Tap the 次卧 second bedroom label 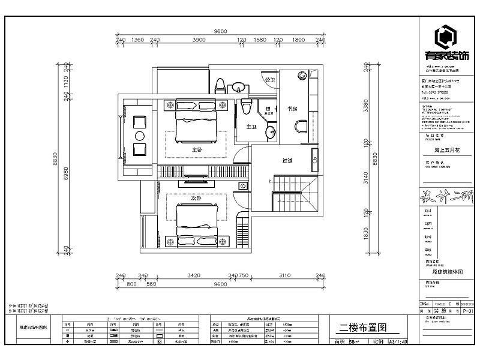pos(196,197)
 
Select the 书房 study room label pos(292,109)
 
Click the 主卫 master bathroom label pos(251,127)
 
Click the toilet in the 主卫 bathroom pos(244,107)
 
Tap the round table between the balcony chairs pos(140,135)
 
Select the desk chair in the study pos(302,125)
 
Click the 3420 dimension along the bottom pos(193,276)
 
